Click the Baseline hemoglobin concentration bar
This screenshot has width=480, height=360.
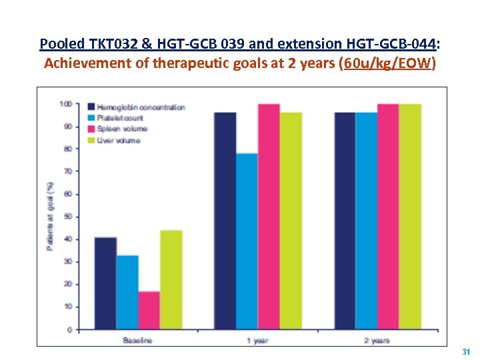click(x=105, y=283)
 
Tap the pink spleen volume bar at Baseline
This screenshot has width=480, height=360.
click(x=149, y=310)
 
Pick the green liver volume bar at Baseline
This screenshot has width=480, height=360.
click(x=171, y=280)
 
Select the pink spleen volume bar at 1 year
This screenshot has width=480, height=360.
click(x=269, y=217)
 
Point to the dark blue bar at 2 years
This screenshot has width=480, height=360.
click(x=345, y=221)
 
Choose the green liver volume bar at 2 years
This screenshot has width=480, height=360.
click(x=410, y=217)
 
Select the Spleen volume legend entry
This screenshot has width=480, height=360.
click(x=123, y=129)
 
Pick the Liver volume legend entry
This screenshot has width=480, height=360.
click(x=119, y=140)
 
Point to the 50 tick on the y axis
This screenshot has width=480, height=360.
click(x=67, y=217)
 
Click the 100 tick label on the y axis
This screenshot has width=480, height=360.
click(x=65, y=104)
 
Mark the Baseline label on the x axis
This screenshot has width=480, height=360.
click(x=137, y=340)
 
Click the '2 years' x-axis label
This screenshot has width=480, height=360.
click(x=377, y=340)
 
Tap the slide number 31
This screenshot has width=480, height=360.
click(x=466, y=351)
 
